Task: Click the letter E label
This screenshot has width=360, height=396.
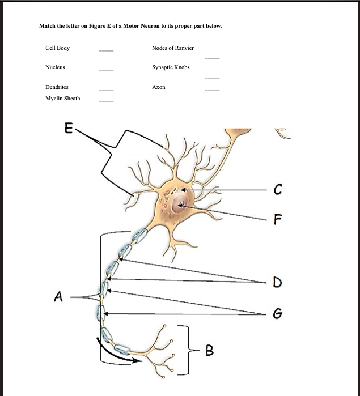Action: pos(68,129)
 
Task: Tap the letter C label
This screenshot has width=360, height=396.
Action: pos(277,189)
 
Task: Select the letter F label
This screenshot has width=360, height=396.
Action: pos(277,219)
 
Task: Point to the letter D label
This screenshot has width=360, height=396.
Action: pos(277,282)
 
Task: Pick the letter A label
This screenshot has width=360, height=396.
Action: pos(57,295)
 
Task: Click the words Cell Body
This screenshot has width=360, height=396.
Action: pos(57,48)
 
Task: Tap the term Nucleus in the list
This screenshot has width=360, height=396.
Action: pos(55,67)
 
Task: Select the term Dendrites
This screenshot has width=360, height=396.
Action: pos(57,87)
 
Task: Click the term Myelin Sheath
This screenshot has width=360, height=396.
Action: pos(62,99)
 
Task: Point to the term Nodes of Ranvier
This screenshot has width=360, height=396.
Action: pos(173,48)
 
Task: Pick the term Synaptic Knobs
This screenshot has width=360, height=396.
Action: pos(171,67)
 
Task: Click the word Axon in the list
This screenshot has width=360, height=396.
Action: pos(159,87)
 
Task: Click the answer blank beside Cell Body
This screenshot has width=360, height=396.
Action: pos(106,51)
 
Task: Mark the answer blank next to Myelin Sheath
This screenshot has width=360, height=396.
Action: pos(106,101)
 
